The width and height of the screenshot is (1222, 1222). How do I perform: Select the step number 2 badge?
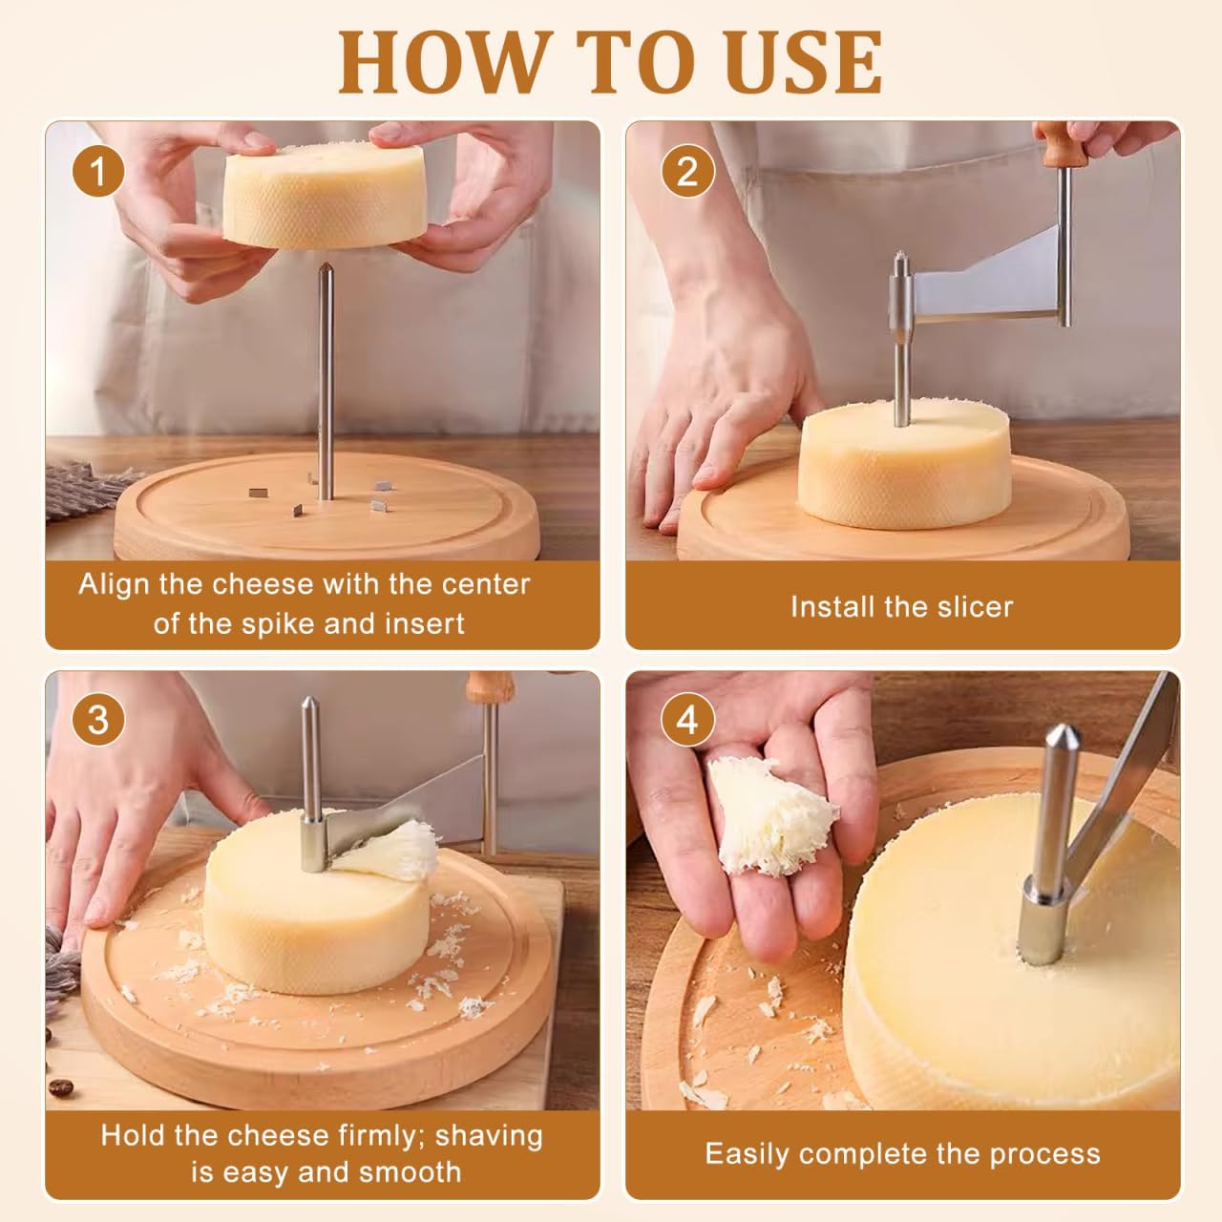pyautogui.click(x=687, y=173)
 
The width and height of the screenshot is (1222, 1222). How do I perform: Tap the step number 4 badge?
pyautogui.click(x=687, y=720)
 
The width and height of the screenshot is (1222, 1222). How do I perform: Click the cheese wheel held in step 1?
pyautogui.click(x=325, y=196)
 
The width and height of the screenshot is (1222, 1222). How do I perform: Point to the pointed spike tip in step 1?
pyautogui.click(x=326, y=271)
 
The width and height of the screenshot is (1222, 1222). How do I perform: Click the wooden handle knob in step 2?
pyautogui.click(x=1056, y=148)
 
